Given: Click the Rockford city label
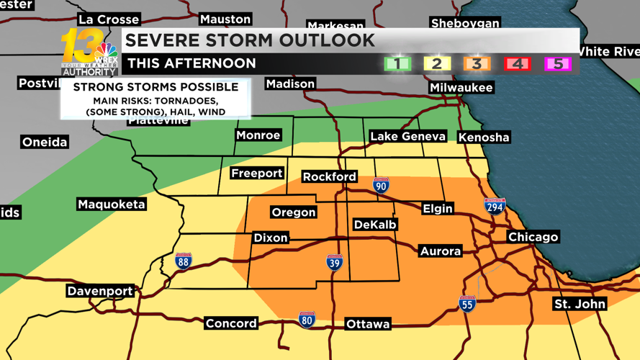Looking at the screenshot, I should tap(329, 176).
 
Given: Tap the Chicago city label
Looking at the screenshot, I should tap(533, 237).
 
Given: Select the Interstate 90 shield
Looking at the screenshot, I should tap(381, 185).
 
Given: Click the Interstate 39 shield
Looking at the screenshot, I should tap(334, 262).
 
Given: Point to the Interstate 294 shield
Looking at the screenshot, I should tap(494, 206).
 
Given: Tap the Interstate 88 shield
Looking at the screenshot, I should tap(184, 261).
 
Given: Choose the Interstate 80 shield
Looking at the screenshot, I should tap(307, 319).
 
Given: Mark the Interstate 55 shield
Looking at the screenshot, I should tap(467, 304).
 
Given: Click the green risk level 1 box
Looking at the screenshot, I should tap(397, 63).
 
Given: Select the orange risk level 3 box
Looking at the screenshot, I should tap(476, 63).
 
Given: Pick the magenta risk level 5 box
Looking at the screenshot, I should tap(557, 63).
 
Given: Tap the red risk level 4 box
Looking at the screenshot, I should tap(517, 63).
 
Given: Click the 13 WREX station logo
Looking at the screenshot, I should tap(89, 52).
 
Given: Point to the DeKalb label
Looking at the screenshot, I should tap(375, 225).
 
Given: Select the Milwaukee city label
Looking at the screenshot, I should tap(461, 87).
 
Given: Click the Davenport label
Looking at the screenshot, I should tap(100, 291).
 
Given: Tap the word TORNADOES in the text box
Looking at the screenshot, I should tap(187, 101).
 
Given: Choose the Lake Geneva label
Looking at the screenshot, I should tap(407, 136).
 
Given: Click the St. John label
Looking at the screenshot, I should tap(580, 304).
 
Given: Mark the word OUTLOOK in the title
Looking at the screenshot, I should tap(328, 40).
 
